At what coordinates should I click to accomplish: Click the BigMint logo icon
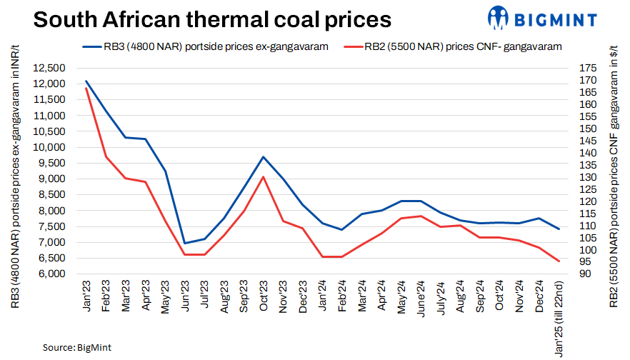(499, 17)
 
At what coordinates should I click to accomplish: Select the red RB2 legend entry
(453, 47)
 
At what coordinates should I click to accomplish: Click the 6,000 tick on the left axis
(51, 274)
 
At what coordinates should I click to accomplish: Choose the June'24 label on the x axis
(421, 298)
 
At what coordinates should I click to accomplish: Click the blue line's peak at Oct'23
(264, 157)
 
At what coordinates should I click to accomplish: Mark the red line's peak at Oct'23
(264, 176)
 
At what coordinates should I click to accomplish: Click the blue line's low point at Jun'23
(185, 244)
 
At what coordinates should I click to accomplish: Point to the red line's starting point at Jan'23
(86, 88)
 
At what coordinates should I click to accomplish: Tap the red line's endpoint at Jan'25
(559, 261)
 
